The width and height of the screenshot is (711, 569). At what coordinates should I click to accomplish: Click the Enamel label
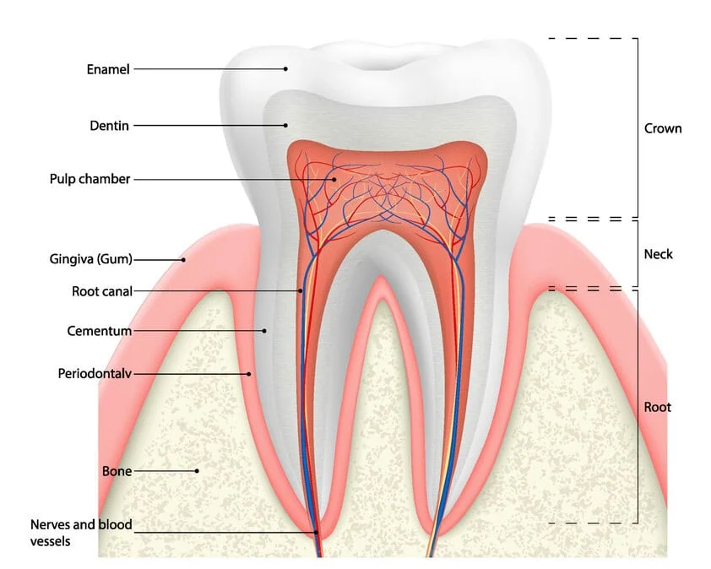coord(108,69)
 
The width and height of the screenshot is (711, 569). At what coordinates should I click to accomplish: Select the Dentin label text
coord(110,126)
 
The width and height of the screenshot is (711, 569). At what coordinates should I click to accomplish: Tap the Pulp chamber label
coord(90,179)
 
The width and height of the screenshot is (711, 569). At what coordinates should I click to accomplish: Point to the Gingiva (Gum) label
coord(91,259)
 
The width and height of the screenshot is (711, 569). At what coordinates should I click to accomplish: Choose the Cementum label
coord(100,331)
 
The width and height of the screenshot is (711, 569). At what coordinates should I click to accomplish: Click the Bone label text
coord(117,471)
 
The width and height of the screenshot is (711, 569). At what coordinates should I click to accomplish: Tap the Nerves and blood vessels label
coord(81,533)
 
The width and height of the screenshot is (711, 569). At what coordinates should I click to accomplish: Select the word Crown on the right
coord(663,128)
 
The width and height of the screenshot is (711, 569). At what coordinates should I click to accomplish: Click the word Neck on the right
coord(659,253)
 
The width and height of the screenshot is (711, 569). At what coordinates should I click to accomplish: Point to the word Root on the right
coord(658,407)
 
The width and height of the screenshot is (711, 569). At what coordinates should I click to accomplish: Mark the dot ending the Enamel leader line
coord(285,68)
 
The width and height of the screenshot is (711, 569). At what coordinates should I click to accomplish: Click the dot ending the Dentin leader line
coord(285,125)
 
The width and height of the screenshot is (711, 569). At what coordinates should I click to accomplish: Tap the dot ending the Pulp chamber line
coord(334,179)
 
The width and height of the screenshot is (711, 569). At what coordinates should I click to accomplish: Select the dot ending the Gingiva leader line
coord(182,259)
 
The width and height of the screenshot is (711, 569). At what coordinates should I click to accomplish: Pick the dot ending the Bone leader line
coord(197,471)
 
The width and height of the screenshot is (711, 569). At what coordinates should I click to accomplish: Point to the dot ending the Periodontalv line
coord(249,372)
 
